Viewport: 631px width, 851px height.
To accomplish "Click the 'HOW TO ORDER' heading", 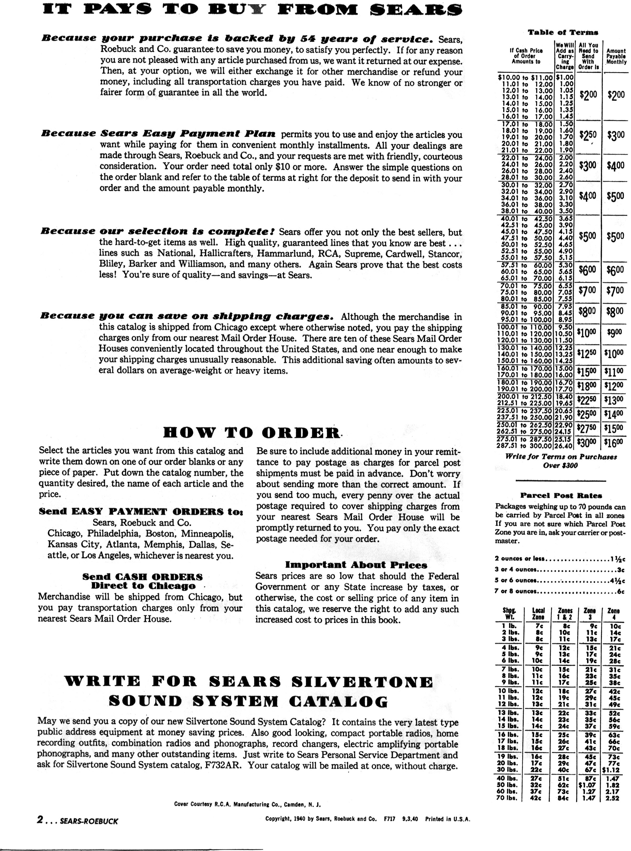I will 251,433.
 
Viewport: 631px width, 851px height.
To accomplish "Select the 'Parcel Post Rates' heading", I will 561,496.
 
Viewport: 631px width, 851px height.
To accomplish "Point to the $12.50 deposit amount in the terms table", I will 588,354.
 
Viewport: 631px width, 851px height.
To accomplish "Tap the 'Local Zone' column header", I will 538,613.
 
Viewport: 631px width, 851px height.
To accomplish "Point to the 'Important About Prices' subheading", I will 356,565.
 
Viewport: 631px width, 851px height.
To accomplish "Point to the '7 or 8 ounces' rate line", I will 559,592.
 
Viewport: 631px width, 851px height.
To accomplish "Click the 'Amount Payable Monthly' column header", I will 616,56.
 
